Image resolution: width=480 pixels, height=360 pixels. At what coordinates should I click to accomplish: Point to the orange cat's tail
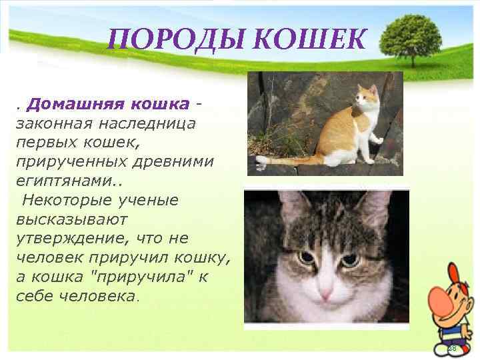[x=287, y=160]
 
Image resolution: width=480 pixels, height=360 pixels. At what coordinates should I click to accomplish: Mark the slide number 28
[x=451, y=349]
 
